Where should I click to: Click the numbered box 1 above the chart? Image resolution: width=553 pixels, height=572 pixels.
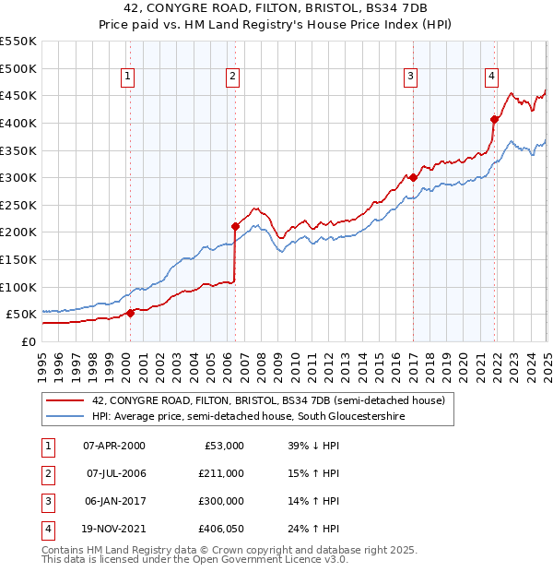126,77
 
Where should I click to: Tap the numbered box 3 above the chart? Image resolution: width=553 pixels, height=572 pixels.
410,77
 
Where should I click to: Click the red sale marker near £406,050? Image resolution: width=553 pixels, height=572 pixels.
494,119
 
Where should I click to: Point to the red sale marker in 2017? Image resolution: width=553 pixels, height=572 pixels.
413,177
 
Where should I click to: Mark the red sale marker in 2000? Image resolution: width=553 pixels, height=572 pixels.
130,313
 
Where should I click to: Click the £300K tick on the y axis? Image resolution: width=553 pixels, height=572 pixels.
18,177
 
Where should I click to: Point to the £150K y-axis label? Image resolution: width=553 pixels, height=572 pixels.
18,259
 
